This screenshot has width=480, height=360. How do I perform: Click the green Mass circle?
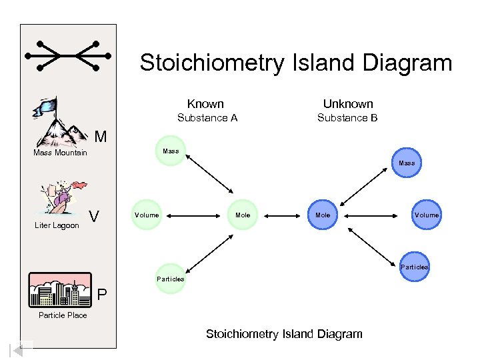click(171, 151)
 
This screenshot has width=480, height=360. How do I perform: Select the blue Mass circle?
click(406, 163)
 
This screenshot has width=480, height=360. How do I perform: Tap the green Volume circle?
click(147, 215)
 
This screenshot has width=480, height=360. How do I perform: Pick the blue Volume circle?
click(426, 215)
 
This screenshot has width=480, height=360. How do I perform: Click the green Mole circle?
click(243, 215)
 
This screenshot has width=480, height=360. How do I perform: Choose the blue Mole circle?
click(323, 215)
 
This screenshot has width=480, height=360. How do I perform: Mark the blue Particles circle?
click(414, 267)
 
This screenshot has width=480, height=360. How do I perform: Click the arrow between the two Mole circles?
click(283, 215)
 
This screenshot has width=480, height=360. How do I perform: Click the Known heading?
click(205, 104)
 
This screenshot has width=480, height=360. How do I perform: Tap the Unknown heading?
click(348, 104)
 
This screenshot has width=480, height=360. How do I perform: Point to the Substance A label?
click(207, 119)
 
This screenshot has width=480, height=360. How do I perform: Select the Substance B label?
click(347, 119)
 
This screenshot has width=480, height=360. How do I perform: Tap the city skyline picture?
click(60, 289)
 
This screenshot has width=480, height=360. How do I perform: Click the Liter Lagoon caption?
click(57, 225)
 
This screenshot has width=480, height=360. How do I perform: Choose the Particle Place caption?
click(63, 315)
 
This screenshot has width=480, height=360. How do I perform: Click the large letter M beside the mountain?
click(100, 137)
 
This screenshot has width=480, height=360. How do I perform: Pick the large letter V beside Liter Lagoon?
click(95, 216)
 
